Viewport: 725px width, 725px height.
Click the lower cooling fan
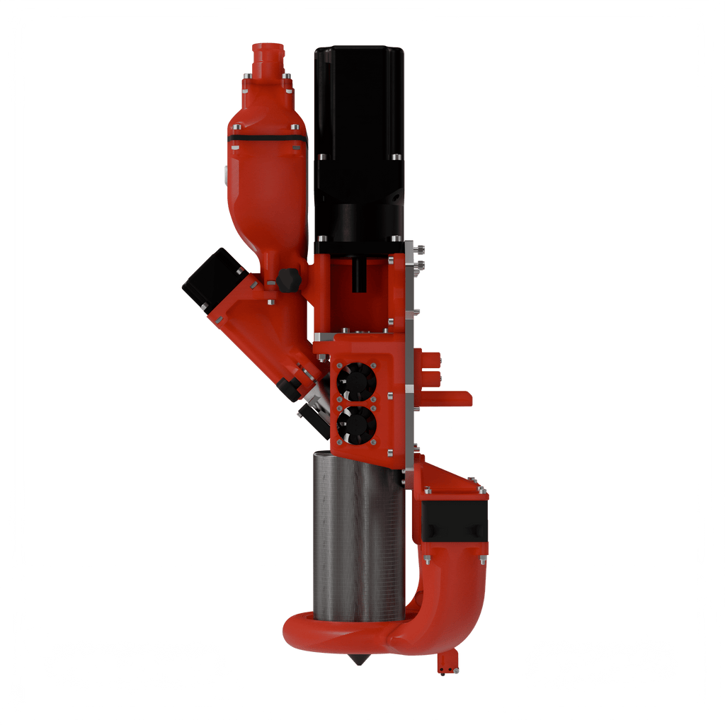pos(357,425)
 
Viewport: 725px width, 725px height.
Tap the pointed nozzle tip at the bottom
pos(362,660)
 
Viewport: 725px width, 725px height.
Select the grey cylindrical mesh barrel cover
pos(358,538)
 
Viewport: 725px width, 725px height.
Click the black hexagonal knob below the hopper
pos(287,279)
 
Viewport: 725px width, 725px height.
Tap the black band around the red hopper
pos(266,137)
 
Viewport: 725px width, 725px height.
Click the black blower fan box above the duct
pos(455,521)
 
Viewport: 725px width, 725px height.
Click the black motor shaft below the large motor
pos(361,273)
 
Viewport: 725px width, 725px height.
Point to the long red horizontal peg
pos(446,399)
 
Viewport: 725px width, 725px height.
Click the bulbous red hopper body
pos(267,191)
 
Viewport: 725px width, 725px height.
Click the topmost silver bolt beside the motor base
pos(421,249)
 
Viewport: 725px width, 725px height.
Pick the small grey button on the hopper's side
pos(226,172)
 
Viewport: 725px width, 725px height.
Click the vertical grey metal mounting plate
pos(410,354)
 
